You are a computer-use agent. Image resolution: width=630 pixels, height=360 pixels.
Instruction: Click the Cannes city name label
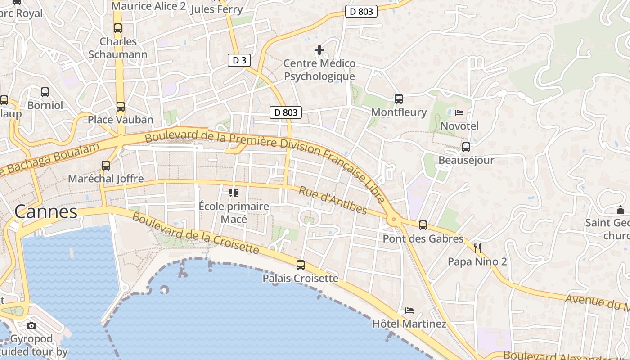(46, 211)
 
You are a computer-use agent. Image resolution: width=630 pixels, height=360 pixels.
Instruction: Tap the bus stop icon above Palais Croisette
(301, 265)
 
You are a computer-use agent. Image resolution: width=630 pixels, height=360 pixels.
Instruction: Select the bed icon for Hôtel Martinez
(409, 310)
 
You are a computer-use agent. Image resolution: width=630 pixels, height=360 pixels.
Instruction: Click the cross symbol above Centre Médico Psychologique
(319, 49)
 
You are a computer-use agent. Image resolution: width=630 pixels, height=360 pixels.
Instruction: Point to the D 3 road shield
(239, 60)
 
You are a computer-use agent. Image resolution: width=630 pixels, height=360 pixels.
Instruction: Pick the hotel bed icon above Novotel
(459, 112)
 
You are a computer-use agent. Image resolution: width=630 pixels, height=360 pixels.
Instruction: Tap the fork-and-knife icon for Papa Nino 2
(477, 248)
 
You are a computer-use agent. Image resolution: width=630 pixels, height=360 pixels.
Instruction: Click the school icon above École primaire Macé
(234, 193)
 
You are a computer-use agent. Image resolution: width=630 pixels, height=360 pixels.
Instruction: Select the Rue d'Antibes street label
(333, 201)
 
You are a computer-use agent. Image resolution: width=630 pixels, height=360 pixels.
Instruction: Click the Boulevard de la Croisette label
(196, 233)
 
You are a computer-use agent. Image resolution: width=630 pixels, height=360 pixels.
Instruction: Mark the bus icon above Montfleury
(399, 99)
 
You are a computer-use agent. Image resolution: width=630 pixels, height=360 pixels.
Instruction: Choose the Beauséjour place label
(466, 160)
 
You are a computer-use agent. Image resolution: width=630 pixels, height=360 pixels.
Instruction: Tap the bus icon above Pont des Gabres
(423, 225)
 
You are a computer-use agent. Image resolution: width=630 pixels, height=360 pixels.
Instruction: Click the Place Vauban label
(121, 120)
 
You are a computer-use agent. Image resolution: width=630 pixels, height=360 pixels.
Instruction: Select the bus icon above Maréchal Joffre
(106, 165)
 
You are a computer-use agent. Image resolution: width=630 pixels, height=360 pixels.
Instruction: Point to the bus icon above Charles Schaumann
(118, 28)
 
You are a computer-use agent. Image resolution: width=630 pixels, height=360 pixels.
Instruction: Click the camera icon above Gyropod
(31, 325)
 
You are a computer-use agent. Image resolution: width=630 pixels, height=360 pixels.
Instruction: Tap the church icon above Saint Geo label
(621, 210)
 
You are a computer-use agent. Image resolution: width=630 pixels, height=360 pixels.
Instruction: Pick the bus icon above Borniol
(45, 92)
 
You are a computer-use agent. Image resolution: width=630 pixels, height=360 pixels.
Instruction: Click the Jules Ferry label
(216, 9)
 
